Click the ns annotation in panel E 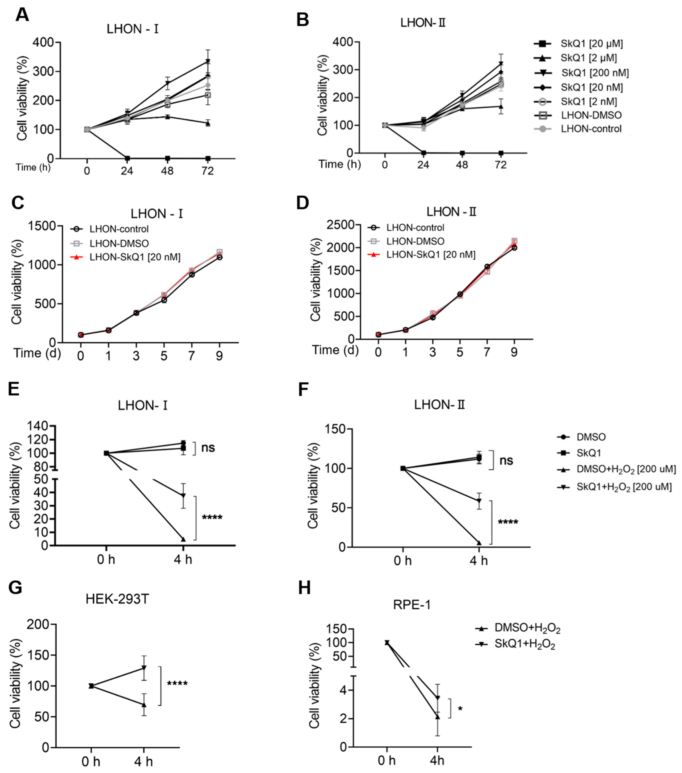coord(208,448)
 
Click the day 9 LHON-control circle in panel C coord(219,257)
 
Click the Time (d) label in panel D coord(335,350)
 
